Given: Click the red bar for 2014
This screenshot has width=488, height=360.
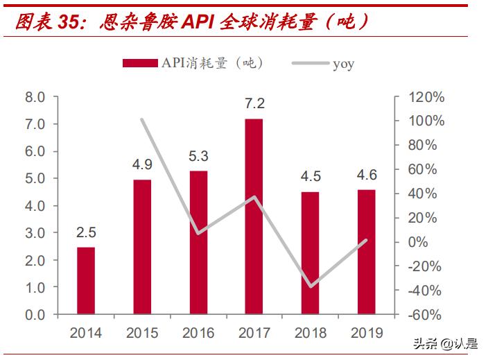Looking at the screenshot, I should [x=86, y=280].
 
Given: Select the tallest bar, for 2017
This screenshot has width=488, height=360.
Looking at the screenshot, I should [x=254, y=216].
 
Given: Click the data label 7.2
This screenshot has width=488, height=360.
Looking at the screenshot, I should [x=254, y=104].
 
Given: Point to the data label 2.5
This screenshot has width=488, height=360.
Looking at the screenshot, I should [x=86, y=232].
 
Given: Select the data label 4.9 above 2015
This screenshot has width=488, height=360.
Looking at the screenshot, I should [x=142, y=165].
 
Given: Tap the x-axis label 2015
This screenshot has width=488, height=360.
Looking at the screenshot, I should [x=142, y=333].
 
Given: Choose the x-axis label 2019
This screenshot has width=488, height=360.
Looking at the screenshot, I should [x=366, y=333].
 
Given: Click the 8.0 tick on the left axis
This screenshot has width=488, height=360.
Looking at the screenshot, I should [x=35, y=97].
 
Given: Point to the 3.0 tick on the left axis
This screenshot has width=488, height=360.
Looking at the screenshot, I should [x=35, y=233].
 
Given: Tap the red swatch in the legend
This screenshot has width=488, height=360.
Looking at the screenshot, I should [x=141, y=63].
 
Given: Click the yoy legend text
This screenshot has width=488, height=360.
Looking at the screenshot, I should [x=343, y=64].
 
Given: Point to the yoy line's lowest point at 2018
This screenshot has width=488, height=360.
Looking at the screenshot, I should [x=311, y=286].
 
